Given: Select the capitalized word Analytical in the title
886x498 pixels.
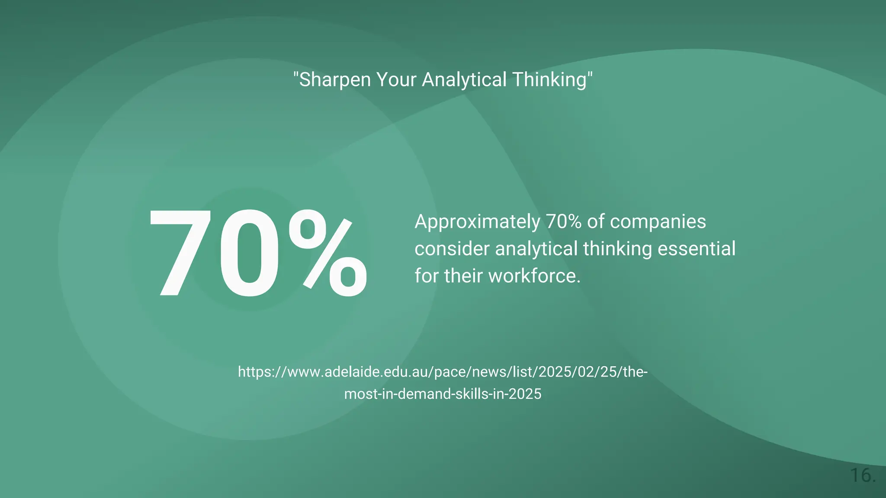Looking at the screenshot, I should (464, 80).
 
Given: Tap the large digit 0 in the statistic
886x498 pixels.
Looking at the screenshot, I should (250, 253).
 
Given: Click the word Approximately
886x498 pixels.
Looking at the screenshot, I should (477, 222).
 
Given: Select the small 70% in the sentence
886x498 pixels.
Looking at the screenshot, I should (563, 221).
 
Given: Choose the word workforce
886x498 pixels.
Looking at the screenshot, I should (535, 276).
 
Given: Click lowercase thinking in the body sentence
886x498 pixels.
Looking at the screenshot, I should (617, 249).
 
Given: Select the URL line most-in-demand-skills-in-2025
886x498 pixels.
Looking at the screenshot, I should (443, 394).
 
